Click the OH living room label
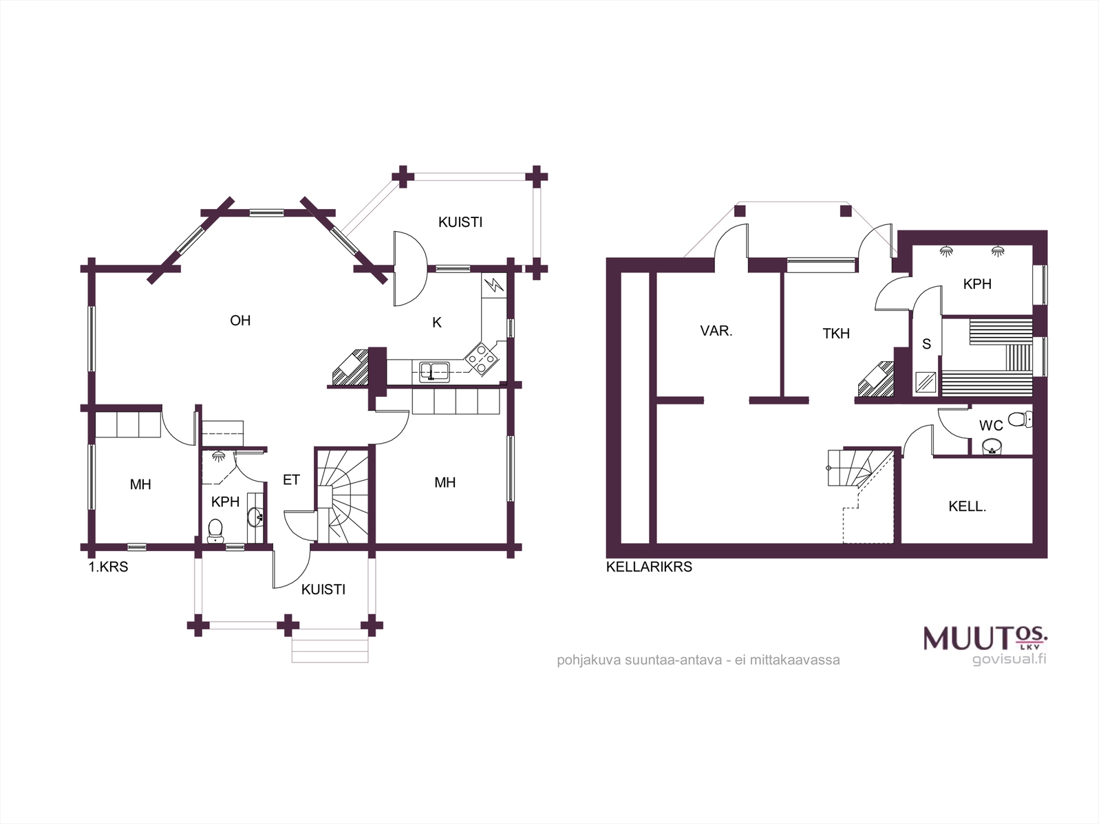pyautogui.click(x=239, y=321)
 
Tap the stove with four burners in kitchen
pyautogui.click(x=482, y=359)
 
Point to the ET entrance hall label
pyautogui.click(x=291, y=480)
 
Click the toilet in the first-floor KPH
pyautogui.click(x=215, y=531)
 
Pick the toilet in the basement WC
pyautogui.click(x=1019, y=419)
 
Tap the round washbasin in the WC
pyautogui.click(x=992, y=446)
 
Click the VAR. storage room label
pyautogui.click(x=716, y=331)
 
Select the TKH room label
pyautogui.click(x=835, y=334)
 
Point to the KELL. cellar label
pyautogui.click(x=967, y=506)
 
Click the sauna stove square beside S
pyautogui.click(x=926, y=382)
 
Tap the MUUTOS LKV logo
pyautogui.click(x=985, y=638)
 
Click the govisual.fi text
pyautogui.click(x=1009, y=659)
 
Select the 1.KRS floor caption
pyautogui.click(x=108, y=567)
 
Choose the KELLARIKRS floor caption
pyautogui.click(x=649, y=567)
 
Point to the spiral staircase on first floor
pyautogui.click(x=343, y=496)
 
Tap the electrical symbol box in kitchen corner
pyautogui.click(x=493, y=285)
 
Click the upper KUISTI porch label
pyautogui.click(x=460, y=222)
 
